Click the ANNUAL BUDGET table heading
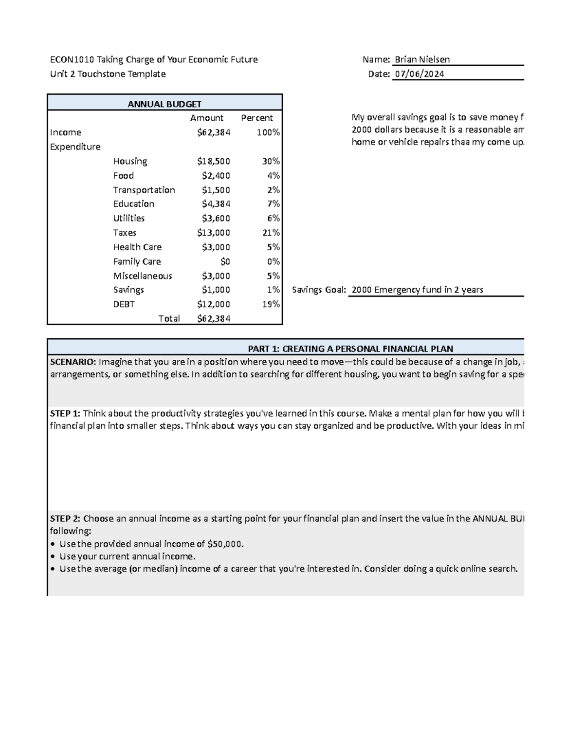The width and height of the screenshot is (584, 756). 164,104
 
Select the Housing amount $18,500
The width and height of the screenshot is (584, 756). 214,161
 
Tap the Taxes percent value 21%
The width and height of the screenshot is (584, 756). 271,233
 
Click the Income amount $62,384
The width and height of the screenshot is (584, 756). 214,132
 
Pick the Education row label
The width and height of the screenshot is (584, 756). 134,204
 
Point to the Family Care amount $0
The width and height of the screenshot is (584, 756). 225,261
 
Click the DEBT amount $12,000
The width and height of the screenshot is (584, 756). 214,304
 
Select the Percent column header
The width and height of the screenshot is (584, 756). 257,118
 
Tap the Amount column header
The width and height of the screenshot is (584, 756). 207,118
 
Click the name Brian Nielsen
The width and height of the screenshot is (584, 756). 422,59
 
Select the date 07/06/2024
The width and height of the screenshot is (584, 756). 419,74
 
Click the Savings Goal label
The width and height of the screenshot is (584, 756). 319,290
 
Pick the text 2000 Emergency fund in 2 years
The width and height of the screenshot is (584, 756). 417,290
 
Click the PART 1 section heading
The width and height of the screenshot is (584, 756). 350,349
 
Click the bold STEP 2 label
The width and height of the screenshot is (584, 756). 65,518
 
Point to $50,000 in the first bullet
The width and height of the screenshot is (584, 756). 225,544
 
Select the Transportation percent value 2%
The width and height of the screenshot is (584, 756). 274,190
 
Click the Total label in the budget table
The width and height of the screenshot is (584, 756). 169,318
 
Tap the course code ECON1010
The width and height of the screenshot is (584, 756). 72,59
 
